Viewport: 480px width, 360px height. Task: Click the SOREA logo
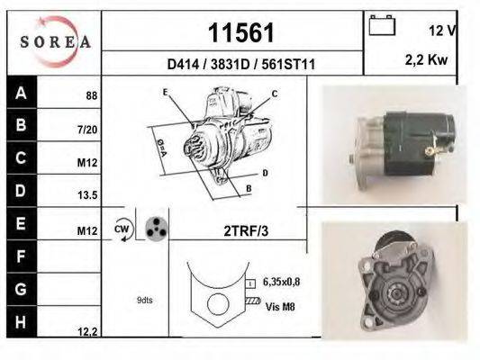(53, 40)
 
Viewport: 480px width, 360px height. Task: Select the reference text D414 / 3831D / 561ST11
(234, 65)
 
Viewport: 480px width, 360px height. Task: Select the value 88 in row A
(91, 95)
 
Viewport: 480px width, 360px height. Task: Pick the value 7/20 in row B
(87, 130)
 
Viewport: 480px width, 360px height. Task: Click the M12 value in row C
(87, 164)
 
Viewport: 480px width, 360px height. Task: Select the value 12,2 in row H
(86, 332)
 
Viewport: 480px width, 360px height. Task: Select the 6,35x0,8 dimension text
(281, 282)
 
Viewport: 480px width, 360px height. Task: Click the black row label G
(21, 289)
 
